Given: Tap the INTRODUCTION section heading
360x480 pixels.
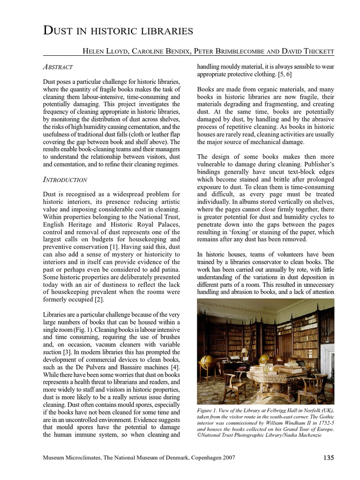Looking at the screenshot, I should [65, 179].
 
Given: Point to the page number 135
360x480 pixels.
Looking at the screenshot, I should [328, 457].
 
